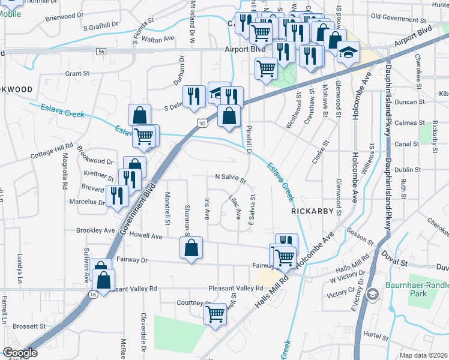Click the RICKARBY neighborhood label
[x=312, y=211]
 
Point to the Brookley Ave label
[x=95, y=230]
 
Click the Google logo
[x=20, y=353]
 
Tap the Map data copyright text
[x=423, y=355]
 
